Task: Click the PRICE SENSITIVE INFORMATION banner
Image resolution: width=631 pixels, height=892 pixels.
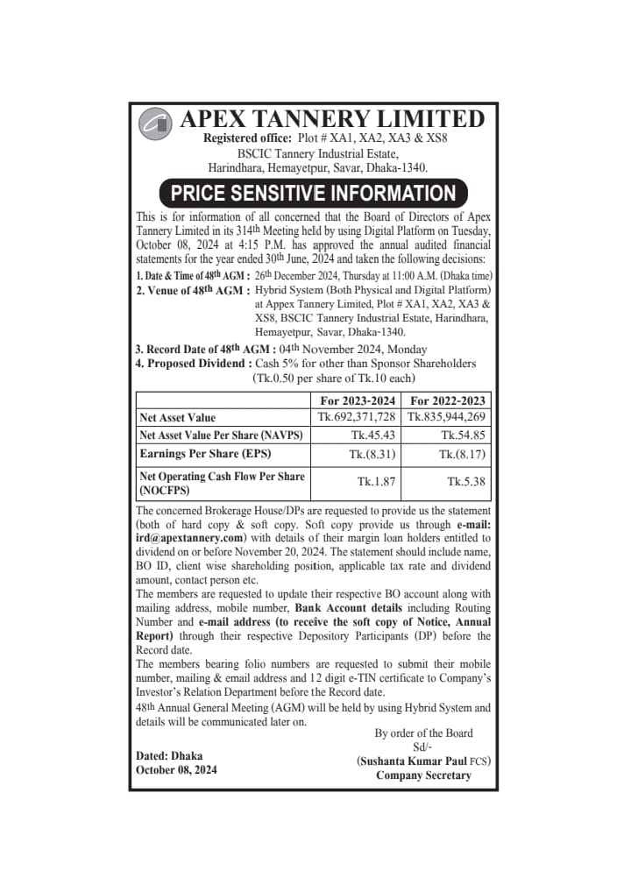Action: click(x=313, y=193)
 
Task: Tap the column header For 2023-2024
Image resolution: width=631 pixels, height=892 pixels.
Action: click(x=358, y=400)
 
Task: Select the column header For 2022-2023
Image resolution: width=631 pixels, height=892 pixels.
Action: click(x=448, y=400)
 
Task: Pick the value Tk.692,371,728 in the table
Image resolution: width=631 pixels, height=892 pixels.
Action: click(x=358, y=417)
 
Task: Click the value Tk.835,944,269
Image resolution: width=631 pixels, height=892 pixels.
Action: click(x=448, y=417)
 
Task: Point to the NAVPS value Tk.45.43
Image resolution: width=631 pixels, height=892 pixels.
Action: click(x=372, y=435)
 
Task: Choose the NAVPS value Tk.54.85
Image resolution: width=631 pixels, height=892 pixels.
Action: click(x=463, y=435)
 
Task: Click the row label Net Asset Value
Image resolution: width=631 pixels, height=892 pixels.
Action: click(x=178, y=418)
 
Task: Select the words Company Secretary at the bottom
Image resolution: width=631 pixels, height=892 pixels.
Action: click(x=423, y=775)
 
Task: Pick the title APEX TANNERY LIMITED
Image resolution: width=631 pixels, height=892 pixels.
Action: click(x=331, y=119)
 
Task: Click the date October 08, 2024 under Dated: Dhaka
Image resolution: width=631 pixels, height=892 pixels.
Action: click(x=176, y=770)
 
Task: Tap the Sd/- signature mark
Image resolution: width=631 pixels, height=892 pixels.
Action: click(x=423, y=747)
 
